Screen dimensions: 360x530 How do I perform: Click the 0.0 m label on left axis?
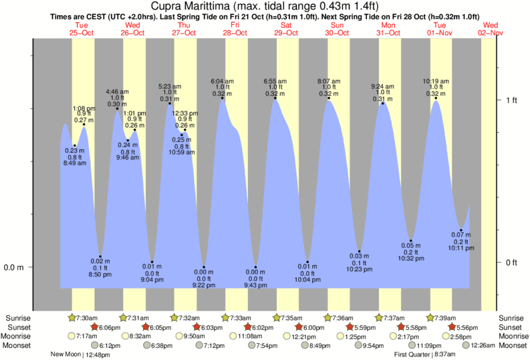point(14,267)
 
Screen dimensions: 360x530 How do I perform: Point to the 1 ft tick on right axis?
point(512,100)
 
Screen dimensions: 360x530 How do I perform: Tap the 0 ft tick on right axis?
point(512,262)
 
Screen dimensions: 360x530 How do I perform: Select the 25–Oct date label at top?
point(82,33)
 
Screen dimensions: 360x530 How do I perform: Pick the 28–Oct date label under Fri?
point(235,33)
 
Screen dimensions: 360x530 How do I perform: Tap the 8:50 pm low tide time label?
point(100,275)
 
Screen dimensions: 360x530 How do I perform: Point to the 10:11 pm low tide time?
point(461,248)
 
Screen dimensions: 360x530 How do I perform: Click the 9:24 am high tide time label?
point(384,85)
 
